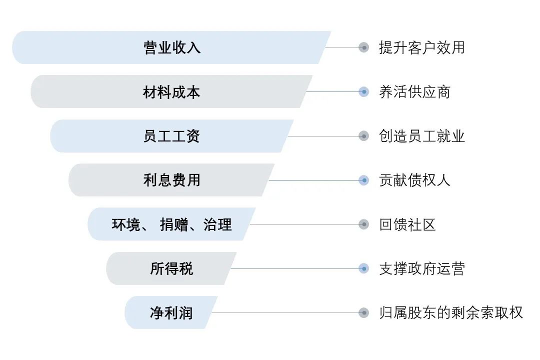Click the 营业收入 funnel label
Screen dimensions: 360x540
click(x=172, y=47)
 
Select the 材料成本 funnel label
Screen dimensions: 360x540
click(x=171, y=92)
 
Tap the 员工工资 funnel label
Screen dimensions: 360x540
click(x=171, y=136)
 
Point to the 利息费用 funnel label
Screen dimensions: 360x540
click(x=171, y=180)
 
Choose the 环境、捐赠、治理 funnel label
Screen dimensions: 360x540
click(x=171, y=224)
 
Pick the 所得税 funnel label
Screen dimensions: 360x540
click(x=171, y=268)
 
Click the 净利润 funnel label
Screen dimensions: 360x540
click(x=171, y=313)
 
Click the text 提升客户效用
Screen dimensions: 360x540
click(x=421, y=47)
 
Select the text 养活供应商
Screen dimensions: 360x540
click(x=414, y=92)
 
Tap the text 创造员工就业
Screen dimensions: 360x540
click(x=421, y=136)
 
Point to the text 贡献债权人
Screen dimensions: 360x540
click(x=414, y=180)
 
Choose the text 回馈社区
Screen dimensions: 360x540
click(x=407, y=224)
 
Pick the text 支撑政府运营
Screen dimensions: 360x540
click(x=421, y=268)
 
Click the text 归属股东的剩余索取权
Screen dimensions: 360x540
click(x=450, y=313)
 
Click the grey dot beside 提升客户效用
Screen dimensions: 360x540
click(x=363, y=47)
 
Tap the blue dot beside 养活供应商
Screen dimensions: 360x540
click(x=363, y=92)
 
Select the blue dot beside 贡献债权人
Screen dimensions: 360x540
click(x=363, y=180)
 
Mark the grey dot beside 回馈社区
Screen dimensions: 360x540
click(x=363, y=224)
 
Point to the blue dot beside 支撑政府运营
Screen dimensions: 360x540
click(x=363, y=268)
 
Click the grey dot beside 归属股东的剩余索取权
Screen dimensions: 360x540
click(x=363, y=313)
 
